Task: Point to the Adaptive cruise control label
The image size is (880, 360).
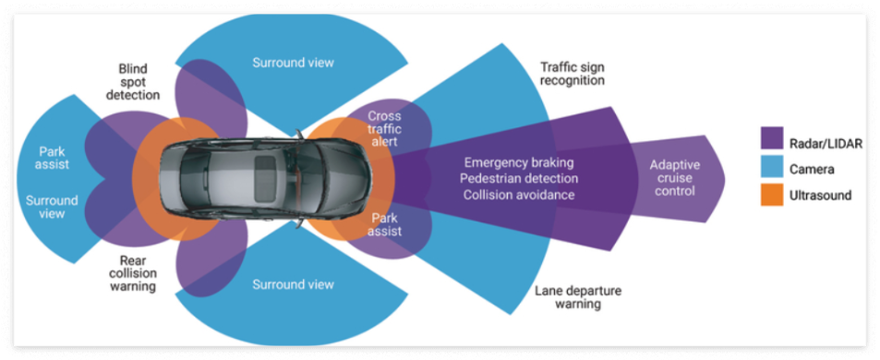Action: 674,178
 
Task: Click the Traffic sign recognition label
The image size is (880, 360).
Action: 572,73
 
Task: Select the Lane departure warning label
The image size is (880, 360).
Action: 577,297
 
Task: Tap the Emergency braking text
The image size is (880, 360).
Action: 519,162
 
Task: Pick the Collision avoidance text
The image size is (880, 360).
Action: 519,195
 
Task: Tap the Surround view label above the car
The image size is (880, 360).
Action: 294,63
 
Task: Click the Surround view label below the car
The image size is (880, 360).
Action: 294,284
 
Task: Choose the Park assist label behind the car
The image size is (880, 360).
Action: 54,158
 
